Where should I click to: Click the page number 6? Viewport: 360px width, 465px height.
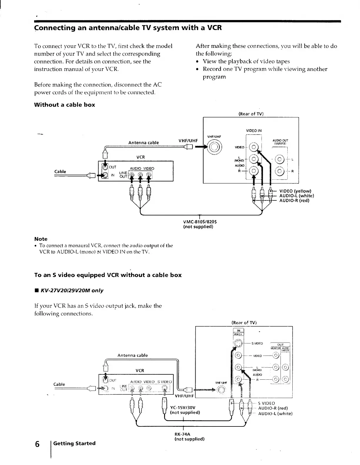click(x=37, y=444)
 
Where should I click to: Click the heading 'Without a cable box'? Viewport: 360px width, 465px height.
click(x=64, y=105)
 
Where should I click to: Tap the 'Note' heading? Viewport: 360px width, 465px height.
click(x=41, y=239)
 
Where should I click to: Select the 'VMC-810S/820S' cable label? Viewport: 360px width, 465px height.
click(x=198, y=222)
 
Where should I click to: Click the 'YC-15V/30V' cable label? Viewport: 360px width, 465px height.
click(x=183, y=408)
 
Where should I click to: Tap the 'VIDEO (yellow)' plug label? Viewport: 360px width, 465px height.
click(x=295, y=191)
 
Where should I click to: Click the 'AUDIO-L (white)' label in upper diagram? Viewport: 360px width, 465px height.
click(x=296, y=196)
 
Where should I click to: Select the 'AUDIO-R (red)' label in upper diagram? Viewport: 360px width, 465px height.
click(x=294, y=201)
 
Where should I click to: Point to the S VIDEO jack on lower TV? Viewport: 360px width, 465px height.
click(x=239, y=343)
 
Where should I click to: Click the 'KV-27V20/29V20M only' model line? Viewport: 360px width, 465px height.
click(x=72, y=290)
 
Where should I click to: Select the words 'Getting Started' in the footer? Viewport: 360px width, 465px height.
click(x=74, y=443)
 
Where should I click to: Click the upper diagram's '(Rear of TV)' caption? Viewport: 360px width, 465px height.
click(x=251, y=114)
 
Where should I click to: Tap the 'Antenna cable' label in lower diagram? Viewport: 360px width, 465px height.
click(x=133, y=355)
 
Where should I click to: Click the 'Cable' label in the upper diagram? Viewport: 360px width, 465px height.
click(x=60, y=172)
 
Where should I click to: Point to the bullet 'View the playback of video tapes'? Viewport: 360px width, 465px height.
click(x=246, y=61)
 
